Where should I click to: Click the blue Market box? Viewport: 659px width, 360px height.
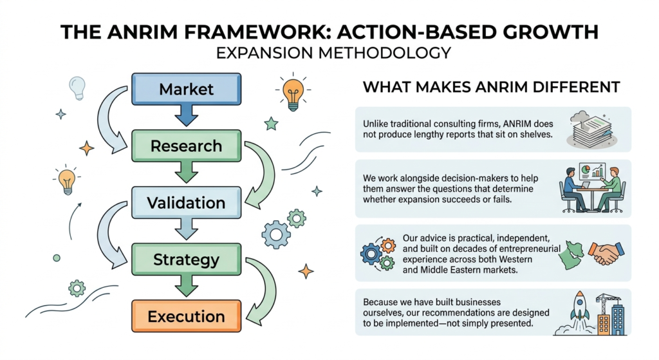pyautogui.click(x=186, y=89)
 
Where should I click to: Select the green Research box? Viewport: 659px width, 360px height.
pyautogui.click(x=186, y=146)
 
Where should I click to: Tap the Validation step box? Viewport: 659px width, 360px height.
pyautogui.click(x=186, y=203)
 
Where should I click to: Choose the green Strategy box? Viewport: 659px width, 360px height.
pyautogui.click(x=186, y=260)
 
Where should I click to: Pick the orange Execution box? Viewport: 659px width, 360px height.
pyautogui.click(x=186, y=316)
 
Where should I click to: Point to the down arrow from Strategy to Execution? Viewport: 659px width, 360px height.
pyautogui.click(x=186, y=286)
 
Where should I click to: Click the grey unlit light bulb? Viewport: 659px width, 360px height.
pyautogui.click(x=77, y=88)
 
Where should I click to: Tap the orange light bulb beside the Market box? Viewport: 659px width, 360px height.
pyautogui.click(x=293, y=94)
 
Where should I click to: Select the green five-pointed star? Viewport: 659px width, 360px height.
pyautogui.click(x=271, y=124)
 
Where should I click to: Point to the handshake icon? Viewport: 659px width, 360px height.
pyautogui.click(x=606, y=253)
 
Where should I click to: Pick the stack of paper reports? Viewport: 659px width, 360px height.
pyautogui.click(x=592, y=130)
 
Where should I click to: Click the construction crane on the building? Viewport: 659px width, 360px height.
pyautogui.click(x=609, y=303)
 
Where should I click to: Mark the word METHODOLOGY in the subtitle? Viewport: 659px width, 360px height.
pyautogui.click(x=385, y=53)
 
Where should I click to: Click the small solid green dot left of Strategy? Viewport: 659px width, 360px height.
pyautogui.click(x=57, y=258)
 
